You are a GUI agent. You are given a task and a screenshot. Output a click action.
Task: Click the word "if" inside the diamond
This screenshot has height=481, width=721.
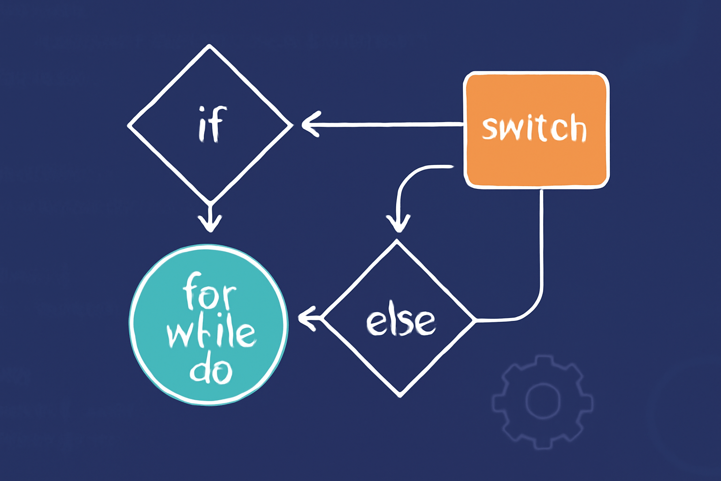coord(212,124)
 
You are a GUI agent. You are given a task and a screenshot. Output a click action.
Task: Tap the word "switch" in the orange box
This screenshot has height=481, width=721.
coord(534,128)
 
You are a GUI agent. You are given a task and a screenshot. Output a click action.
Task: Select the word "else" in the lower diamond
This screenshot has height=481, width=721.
coord(400,322)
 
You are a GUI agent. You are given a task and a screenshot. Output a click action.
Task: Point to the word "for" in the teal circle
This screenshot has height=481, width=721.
coord(209,292)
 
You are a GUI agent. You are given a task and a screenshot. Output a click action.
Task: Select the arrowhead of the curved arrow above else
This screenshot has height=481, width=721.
coord(398,224)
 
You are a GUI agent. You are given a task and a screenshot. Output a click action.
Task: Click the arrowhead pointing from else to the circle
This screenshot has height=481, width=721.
coord(306,319)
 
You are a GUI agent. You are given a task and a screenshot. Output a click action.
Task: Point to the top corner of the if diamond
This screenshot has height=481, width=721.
coord(209,46)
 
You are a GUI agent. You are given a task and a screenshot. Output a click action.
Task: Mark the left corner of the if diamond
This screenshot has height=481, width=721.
coord(129,125)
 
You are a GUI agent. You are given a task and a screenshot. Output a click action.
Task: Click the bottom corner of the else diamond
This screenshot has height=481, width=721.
coord(400,396)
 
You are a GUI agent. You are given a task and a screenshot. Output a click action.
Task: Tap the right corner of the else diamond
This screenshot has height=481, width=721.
coord(475,320)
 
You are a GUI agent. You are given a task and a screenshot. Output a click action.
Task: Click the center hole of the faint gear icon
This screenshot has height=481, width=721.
coord(543,401)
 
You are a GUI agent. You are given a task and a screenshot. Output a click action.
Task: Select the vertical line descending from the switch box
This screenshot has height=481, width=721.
coord(542,244)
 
